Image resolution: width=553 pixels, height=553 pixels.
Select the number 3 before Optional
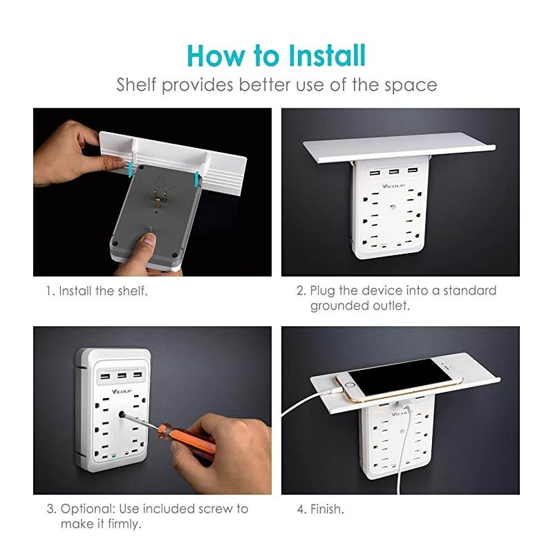click(x=50, y=509)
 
